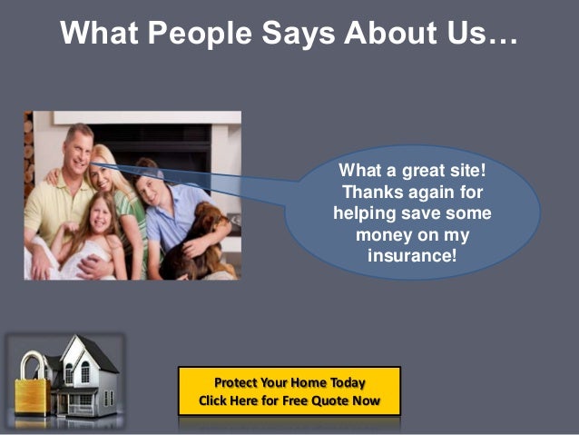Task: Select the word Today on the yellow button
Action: coord(344,382)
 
